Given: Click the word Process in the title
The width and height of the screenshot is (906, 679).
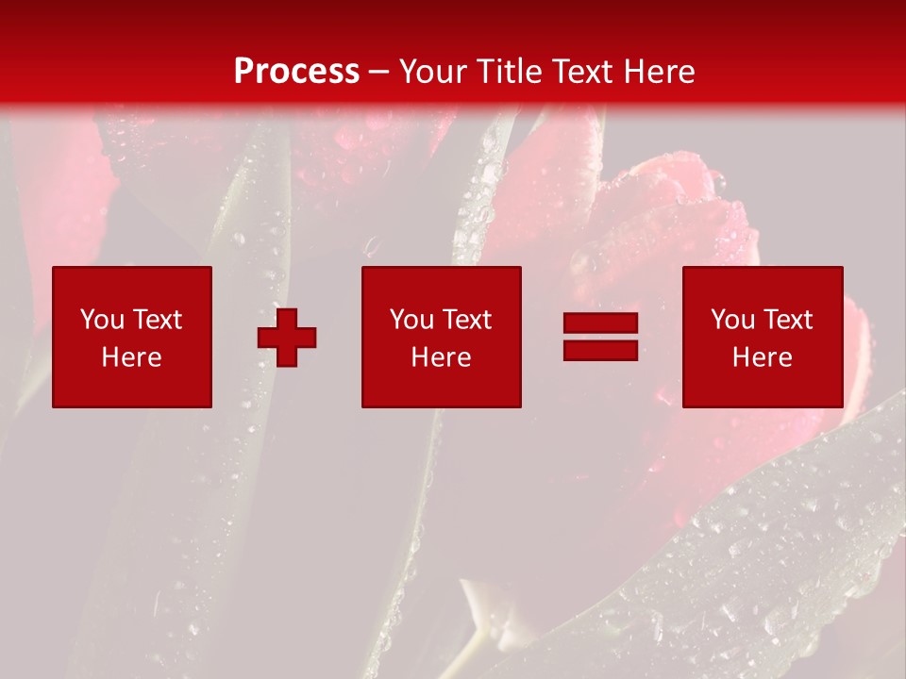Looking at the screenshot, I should point(296,72).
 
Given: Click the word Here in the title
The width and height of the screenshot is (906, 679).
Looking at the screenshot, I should point(661,72).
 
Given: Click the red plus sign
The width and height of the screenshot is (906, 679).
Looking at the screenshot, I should point(287,338).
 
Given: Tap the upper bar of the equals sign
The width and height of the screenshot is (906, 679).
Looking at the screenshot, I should point(601,323).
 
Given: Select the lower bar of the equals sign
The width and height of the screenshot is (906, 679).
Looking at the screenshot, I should point(601,350).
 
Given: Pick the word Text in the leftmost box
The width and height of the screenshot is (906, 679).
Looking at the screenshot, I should point(156,320).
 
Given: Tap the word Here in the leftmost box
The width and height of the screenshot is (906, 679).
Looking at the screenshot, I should point(131,357).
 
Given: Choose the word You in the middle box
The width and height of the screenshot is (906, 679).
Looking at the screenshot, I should point(411,320).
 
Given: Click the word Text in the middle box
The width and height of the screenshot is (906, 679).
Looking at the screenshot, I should point(466,320).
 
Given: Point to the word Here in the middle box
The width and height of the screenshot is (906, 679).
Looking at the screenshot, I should point(442,357).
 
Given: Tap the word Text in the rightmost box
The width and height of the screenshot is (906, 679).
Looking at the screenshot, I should point(787,320).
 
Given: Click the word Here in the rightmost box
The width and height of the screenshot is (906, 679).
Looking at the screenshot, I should point(763,357).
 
